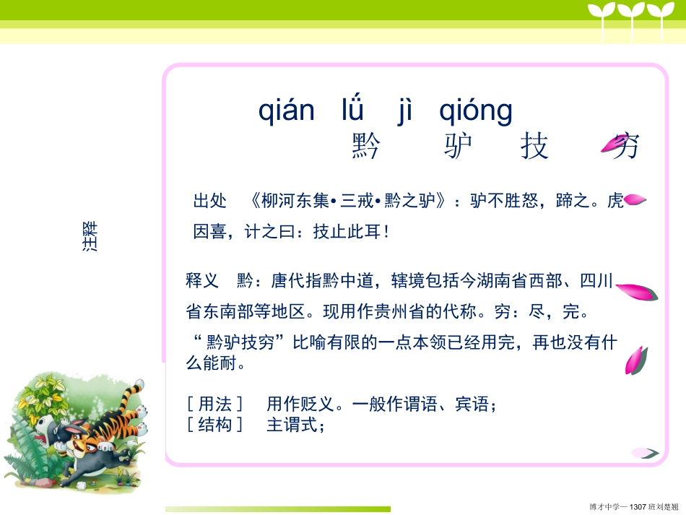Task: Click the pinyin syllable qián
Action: [x=287, y=111]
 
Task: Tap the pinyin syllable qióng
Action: [x=476, y=113]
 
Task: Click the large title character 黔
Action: [x=366, y=147]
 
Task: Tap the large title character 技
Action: [x=534, y=147]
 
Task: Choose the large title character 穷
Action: [x=624, y=147]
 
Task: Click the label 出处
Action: [x=210, y=201]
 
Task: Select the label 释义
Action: [x=202, y=281]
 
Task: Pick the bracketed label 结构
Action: [x=215, y=425]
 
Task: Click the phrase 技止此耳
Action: [x=344, y=233]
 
